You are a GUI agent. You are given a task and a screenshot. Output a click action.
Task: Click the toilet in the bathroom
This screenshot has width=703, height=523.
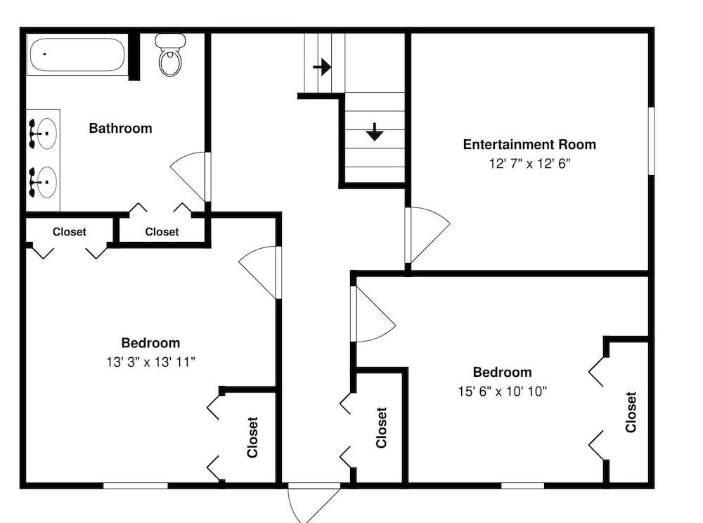click(x=170, y=55)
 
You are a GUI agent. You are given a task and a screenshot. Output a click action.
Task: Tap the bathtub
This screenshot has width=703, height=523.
click(x=77, y=55)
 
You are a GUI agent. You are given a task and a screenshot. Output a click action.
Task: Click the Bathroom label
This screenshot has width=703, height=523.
click(x=121, y=128)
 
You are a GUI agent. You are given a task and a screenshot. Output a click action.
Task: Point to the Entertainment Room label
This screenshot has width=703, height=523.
click(x=529, y=144)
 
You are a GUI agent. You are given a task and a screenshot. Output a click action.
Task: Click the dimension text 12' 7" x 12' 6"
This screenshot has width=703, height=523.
click(x=529, y=164)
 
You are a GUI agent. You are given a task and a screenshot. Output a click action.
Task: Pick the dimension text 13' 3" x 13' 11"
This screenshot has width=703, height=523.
click(x=150, y=361)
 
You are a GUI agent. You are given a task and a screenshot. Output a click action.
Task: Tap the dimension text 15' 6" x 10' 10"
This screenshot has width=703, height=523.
click(x=502, y=392)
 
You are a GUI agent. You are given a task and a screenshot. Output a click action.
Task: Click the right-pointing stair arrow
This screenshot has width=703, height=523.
click(x=322, y=67)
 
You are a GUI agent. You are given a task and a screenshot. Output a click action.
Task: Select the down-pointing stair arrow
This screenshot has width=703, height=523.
click(x=375, y=131)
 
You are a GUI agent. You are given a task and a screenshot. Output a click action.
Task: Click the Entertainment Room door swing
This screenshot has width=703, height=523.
click(x=428, y=234)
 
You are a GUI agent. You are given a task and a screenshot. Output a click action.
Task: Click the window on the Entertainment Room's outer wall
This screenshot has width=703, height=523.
click(x=652, y=141)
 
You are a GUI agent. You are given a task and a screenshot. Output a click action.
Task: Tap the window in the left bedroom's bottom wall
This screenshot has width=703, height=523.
click(x=136, y=485)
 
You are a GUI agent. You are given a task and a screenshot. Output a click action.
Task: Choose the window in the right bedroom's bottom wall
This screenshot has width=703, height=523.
click(x=522, y=485)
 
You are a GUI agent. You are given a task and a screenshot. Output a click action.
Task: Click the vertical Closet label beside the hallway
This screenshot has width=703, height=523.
click(x=381, y=427)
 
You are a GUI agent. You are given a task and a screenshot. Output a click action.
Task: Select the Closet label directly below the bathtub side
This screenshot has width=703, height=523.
click(x=69, y=232)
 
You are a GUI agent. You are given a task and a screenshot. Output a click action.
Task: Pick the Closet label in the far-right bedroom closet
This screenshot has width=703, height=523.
click(x=631, y=412)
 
